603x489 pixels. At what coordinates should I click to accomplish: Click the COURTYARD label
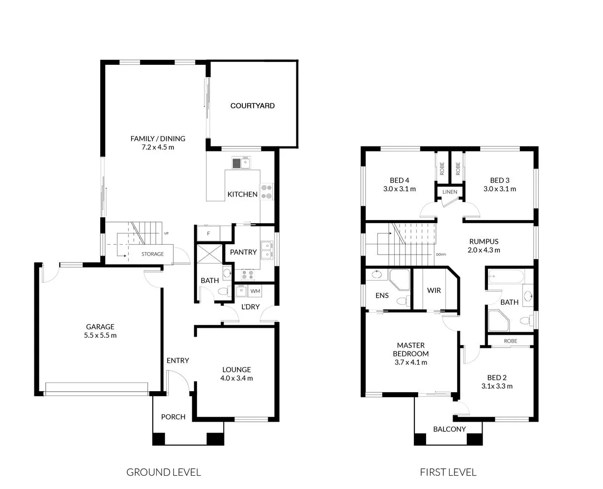coord(252,106)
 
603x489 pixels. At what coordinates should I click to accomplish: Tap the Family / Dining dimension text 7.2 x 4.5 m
coord(158,147)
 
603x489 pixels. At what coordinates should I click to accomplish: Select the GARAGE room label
coord(100,327)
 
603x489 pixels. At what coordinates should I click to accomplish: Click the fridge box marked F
coord(208,233)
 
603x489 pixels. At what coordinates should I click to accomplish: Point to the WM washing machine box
coord(255,291)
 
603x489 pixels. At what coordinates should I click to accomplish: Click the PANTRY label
coord(243,252)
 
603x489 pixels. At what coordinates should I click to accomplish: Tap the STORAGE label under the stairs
coord(152,254)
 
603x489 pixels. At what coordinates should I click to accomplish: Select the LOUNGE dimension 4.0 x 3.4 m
coord(236,378)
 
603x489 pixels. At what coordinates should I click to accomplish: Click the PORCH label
coord(173,417)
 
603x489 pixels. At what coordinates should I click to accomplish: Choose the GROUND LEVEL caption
coord(164,472)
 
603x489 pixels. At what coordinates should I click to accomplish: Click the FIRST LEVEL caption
coord(448,472)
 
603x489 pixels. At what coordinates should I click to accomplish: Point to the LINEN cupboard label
coord(450,192)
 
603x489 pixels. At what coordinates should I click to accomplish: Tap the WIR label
coord(433,290)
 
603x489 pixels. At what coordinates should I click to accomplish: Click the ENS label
coord(382,295)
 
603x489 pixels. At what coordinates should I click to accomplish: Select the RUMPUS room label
coord(484,241)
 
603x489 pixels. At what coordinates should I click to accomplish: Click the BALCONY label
coord(449,429)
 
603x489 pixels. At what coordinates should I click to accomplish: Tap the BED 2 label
coord(497,377)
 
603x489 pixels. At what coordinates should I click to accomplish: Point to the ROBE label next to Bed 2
coord(510,341)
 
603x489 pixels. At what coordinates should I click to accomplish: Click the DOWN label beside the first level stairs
coord(441,255)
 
